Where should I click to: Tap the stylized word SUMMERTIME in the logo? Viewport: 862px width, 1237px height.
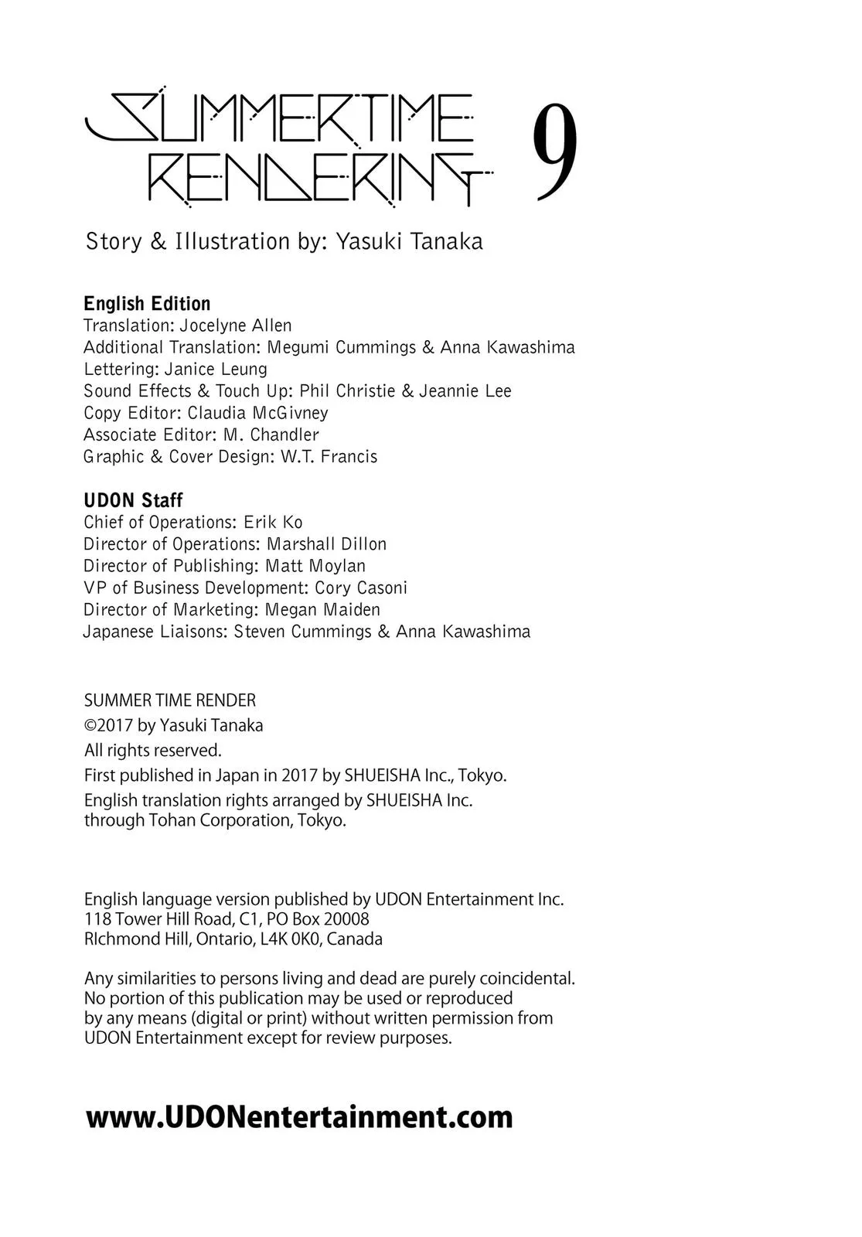point(278,118)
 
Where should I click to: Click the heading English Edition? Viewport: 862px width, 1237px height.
point(147,304)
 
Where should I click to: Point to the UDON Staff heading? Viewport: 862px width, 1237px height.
point(133,500)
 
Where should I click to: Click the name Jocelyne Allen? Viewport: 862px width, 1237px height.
point(236,325)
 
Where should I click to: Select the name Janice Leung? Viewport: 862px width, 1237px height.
point(216,369)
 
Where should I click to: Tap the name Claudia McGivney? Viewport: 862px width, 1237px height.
point(257,413)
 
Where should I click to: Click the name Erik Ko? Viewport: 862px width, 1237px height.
point(273,522)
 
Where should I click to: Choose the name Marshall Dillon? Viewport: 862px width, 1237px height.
point(326,544)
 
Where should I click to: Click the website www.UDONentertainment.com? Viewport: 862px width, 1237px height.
point(299,1117)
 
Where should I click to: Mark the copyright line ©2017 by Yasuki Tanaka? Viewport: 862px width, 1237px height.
point(173,725)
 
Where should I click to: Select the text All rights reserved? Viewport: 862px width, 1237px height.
point(152,750)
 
